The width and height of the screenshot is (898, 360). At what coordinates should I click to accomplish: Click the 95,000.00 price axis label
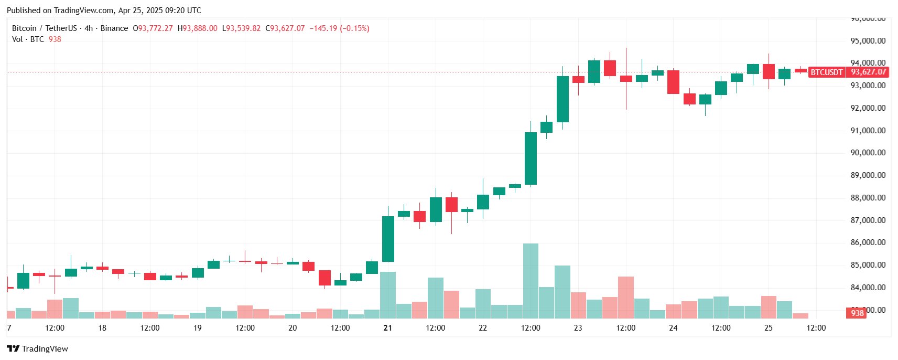point(868,40)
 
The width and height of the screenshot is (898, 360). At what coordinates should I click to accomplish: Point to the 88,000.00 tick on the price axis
point(868,197)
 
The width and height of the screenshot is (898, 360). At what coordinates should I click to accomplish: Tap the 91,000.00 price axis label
point(868,130)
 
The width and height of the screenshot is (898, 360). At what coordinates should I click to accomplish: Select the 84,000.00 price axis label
point(868,287)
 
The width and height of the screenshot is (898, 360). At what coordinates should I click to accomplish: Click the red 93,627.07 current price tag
point(868,72)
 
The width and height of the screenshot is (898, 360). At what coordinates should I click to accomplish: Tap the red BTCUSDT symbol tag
point(827,72)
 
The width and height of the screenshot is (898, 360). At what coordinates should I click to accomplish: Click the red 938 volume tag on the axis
point(857,313)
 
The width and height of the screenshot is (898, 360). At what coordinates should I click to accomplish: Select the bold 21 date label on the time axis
point(387,327)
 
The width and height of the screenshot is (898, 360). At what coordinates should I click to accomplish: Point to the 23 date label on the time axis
point(578,327)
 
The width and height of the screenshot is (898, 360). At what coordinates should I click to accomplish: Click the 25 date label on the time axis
point(768,327)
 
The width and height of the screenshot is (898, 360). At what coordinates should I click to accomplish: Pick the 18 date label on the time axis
point(102,327)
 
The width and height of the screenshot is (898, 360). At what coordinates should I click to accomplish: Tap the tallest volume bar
point(531,281)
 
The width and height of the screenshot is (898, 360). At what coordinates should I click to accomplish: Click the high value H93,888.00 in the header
point(197,28)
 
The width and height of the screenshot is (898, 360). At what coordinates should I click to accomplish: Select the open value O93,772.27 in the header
point(153,28)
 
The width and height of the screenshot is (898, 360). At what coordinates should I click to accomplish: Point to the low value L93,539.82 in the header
point(241,28)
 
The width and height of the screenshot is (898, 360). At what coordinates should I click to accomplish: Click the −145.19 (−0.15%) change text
point(339,28)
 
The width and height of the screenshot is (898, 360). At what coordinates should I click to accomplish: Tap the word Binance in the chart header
point(114,28)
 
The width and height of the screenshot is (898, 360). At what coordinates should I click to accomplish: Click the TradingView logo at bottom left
point(37,348)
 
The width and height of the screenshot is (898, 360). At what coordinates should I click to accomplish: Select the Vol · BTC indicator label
point(28,39)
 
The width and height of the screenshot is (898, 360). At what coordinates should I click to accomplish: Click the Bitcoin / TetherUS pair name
point(44,28)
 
